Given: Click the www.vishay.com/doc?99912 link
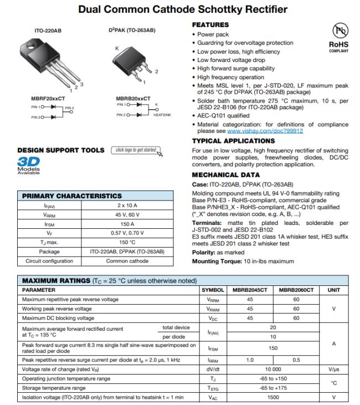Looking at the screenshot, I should (x=265, y=131).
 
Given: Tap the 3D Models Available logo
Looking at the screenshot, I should (x=28, y=165).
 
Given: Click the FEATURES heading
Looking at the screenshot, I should (x=210, y=25).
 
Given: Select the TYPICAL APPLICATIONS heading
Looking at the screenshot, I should (x=233, y=141).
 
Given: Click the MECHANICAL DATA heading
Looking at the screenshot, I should (x=225, y=175).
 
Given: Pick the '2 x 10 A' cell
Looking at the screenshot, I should (x=127, y=206).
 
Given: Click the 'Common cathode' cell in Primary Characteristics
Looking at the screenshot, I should (x=127, y=260).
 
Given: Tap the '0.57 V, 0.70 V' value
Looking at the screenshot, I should (x=127, y=233).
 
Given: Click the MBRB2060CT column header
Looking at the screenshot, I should (x=296, y=290).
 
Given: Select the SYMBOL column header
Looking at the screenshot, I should (x=213, y=290).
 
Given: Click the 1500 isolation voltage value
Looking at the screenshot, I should (x=272, y=397).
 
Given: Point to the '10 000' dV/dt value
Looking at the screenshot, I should (x=272, y=369).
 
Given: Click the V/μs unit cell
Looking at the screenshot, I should (x=334, y=369).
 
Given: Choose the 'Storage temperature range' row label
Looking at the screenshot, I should (x=54, y=388).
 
